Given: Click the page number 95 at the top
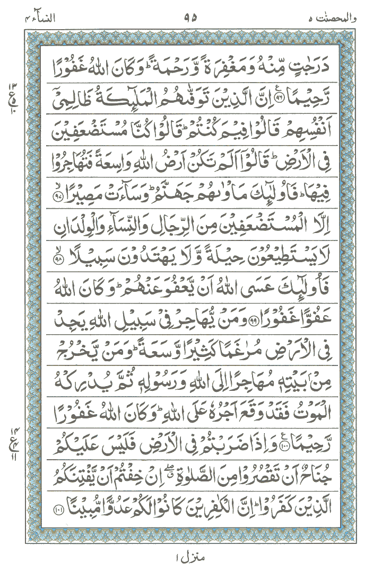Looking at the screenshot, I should click(x=191, y=17).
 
